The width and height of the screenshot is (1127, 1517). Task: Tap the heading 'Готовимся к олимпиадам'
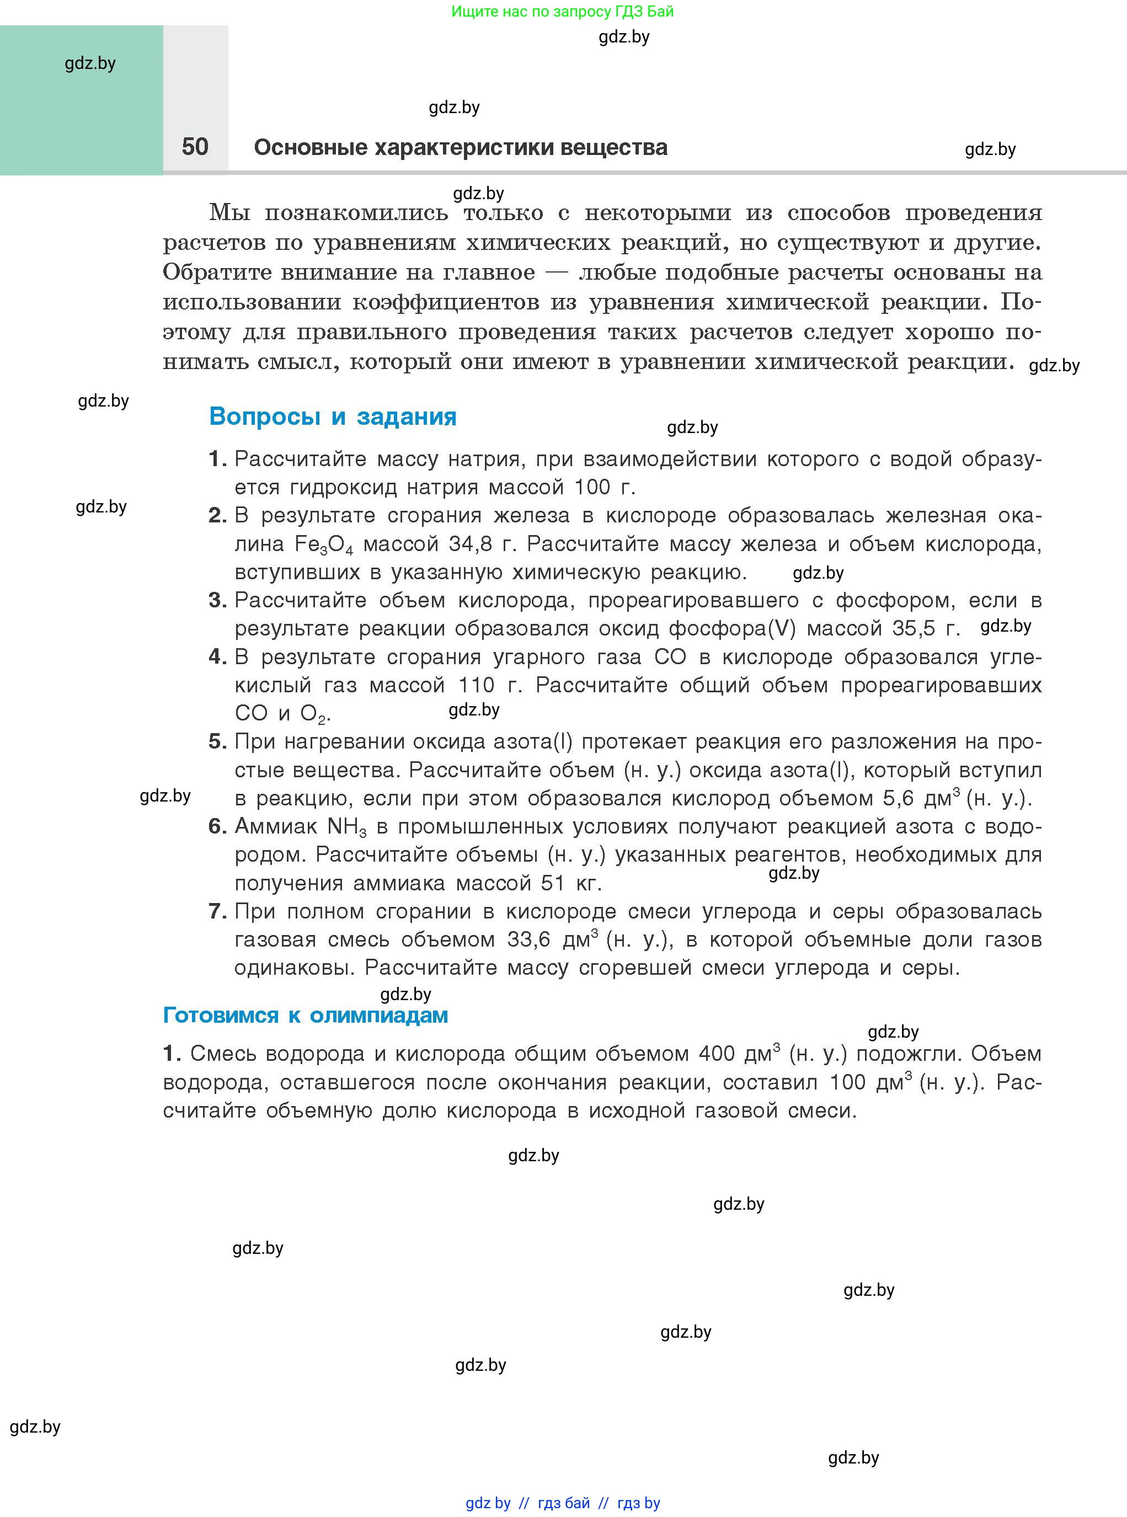coord(305,1015)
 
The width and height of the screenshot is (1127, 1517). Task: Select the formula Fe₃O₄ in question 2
coord(323,544)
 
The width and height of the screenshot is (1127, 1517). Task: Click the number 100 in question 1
coord(591,487)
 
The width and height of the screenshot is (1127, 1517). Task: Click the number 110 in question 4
coord(476,685)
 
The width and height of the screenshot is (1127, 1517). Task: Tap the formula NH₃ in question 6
coord(346,827)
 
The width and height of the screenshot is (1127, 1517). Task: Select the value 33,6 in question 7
coord(528,940)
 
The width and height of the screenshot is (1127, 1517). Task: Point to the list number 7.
coord(217,911)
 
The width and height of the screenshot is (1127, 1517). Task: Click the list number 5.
coord(217,741)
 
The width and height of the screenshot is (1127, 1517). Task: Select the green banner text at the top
coord(562,12)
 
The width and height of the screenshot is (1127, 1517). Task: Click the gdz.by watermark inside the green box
coord(90,63)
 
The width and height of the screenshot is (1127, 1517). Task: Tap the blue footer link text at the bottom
coord(563,1503)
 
